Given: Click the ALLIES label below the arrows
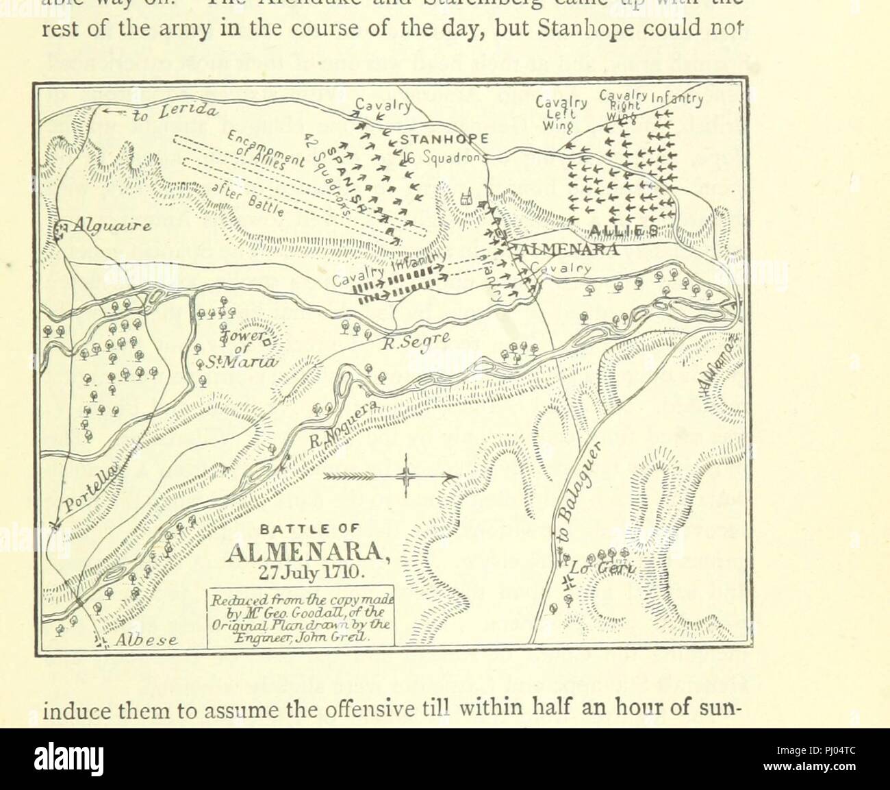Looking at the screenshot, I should point(616,229).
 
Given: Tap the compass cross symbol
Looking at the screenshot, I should point(406,475).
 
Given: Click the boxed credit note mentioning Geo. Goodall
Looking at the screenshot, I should point(301,617).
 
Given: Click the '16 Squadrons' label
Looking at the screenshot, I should point(451,156).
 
